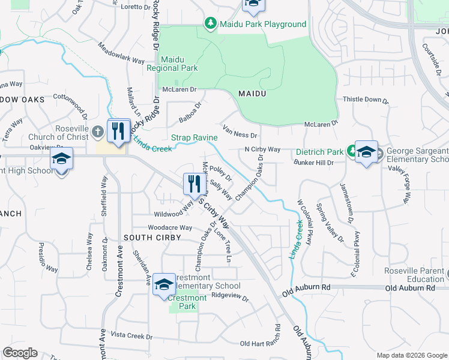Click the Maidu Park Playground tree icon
click(x=211, y=24)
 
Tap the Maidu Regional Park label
click(x=172, y=64)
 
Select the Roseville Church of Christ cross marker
click(x=99, y=131)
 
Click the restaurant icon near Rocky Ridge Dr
click(x=118, y=130)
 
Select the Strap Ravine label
click(x=194, y=138)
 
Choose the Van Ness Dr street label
click(x=240, y=131)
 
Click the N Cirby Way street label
click(x=262, y=149)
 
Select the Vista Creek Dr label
click(x=132, y=335)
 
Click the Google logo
click(x=20, y=353)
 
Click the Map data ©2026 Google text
click(x=411, y=355)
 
